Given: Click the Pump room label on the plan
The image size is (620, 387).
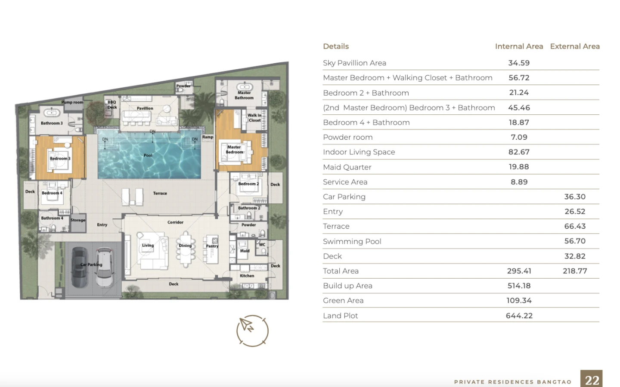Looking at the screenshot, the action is [x=72, y=102].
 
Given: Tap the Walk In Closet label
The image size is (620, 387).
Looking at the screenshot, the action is [x=254, y=118].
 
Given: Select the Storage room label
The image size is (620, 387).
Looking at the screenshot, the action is [x=78, y=220].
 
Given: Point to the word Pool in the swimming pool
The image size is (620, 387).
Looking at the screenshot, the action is [x=148, y=155].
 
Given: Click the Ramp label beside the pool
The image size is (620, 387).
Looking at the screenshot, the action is [x=208, y=137].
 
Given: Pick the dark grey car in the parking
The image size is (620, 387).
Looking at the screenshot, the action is [x=80, y=267].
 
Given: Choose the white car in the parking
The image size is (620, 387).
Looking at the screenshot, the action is [x=104, y=267].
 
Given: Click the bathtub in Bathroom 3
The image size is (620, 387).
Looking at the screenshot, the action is [x=52, y=112].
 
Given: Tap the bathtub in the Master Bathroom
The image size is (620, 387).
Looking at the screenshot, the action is [x=245, y=87].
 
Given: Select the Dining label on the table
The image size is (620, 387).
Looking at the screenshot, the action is [x=185, y=246].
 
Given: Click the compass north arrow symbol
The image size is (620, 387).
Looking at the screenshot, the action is [x=246, y=325].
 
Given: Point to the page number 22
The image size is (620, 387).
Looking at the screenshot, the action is [x=592, y=381].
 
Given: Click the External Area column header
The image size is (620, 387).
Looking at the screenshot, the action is [x=575, y=46].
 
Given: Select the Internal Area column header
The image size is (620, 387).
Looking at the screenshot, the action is [x=519, y=46].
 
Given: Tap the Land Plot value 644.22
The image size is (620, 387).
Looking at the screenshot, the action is [x=519, y=316].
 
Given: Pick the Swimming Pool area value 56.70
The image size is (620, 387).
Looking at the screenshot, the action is [x=575, y=241].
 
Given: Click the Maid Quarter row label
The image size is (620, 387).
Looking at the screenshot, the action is [x=347, y=167].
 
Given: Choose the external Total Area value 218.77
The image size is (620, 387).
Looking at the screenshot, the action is [x=575, y=271].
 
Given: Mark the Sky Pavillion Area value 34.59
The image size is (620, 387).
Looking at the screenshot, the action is [x=519, y=63].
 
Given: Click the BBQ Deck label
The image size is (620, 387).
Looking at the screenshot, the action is [x=112, y=105].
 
